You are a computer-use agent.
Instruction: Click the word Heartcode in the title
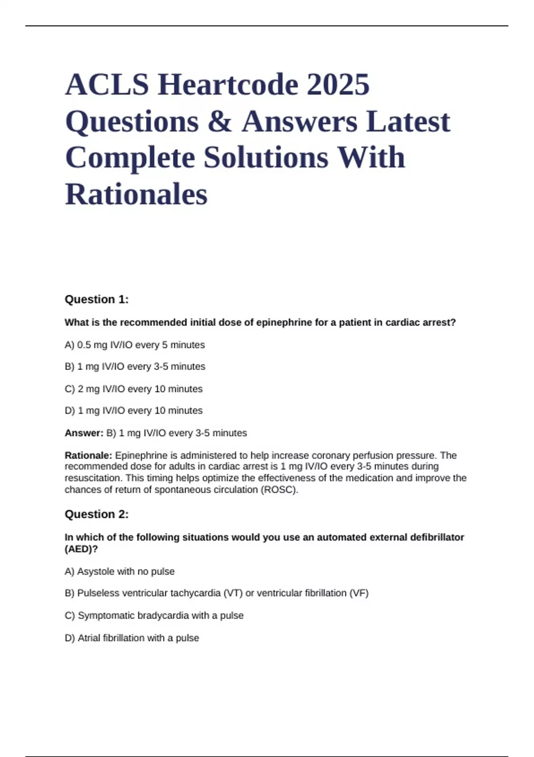[227, 85]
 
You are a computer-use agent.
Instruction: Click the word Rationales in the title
[136, 195]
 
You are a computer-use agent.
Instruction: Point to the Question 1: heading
[97, 299]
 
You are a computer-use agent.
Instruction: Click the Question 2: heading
[97, 514]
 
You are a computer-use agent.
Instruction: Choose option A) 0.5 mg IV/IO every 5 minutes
[135, 345]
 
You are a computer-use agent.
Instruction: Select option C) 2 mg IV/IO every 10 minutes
[133, 389]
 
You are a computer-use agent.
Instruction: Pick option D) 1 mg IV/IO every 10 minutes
[133, 411]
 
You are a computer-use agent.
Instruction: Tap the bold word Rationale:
[89, 456]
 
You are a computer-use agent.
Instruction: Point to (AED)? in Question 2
[81, 549]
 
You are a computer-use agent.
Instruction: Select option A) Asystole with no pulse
[120, 571]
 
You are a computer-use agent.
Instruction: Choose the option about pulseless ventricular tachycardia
[217, 593]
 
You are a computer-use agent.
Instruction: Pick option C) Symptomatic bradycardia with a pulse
[154, 615]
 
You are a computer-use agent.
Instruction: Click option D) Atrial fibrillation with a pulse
[132, 638]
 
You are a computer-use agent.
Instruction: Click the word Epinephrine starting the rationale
[141, 456]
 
